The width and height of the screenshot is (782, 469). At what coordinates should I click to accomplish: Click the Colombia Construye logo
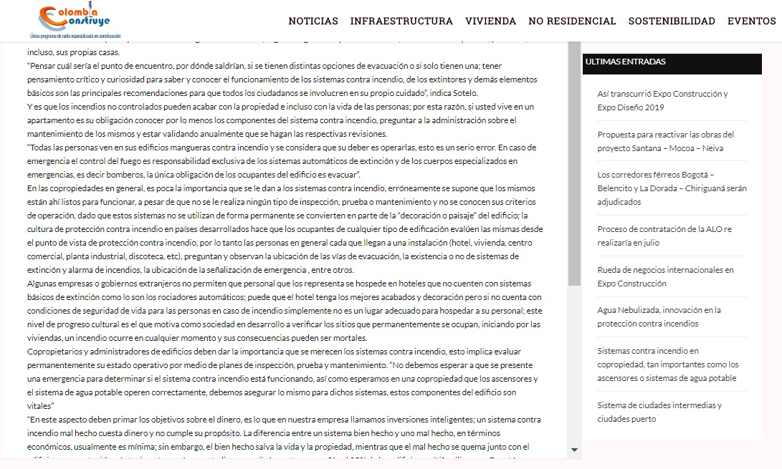click(x=75, y=21)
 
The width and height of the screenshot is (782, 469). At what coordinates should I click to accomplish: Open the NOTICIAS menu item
click(x=313, y=21)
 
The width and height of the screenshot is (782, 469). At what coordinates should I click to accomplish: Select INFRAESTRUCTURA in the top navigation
click(x=401, y=21)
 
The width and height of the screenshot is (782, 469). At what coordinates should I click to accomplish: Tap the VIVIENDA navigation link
click(x=490, y=21)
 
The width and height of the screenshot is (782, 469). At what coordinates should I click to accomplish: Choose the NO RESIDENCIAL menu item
click(x=572, y=21)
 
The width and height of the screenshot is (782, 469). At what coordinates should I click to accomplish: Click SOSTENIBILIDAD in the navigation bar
click(x=672, y=21)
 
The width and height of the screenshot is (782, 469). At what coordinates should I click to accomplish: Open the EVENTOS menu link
click(x=751, y=21)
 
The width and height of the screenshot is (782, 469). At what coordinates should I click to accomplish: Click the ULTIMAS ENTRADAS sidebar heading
click(x=626, y=62)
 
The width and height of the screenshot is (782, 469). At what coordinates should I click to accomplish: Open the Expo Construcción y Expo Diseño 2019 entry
click(x=662, y=100)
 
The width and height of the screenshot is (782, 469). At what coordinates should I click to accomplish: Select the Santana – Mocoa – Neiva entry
click(x=665, y=141)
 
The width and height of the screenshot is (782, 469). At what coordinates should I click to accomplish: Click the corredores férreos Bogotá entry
click(x=671, y=188)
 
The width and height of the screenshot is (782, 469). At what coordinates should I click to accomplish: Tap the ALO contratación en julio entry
click(x=664, y=236)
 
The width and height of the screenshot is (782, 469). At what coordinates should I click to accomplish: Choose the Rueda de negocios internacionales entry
click(x=665, y=276)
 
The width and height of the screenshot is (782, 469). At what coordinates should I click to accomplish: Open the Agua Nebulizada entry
click(x=649, y=316)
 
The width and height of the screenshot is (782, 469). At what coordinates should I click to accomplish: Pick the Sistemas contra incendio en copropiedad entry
click(x=667, y=364)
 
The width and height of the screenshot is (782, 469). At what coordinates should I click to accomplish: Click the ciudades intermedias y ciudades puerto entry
click(x=649, y=412)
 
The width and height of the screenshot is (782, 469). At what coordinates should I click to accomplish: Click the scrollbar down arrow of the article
click(x=574, y=450)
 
